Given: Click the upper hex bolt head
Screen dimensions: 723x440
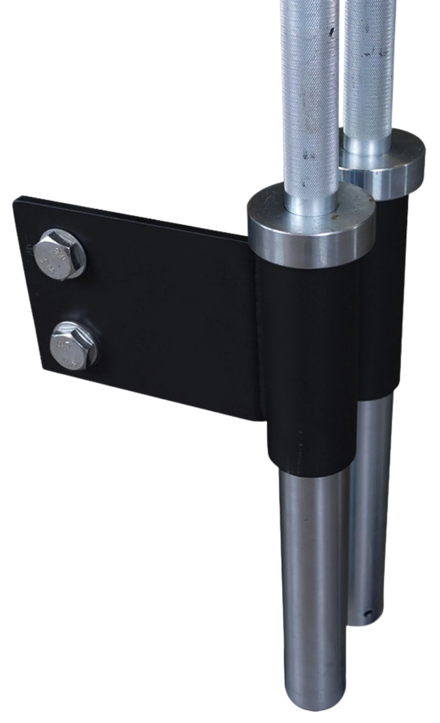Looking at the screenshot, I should coord(60,254).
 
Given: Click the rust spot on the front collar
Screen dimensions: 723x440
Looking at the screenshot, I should coord(335,218).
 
